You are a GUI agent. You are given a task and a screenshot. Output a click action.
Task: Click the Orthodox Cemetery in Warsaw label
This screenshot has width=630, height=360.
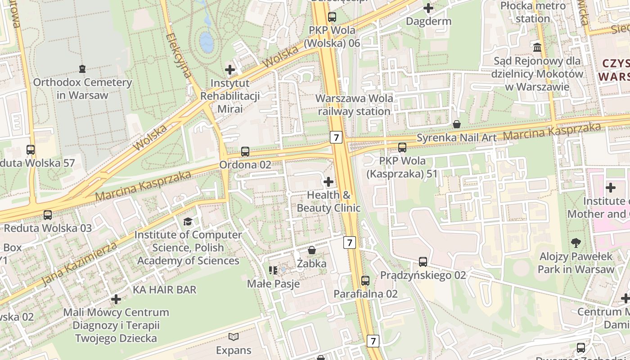82,89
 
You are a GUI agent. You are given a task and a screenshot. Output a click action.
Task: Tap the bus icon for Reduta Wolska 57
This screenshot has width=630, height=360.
31,150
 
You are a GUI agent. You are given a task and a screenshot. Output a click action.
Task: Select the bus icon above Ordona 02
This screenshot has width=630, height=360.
245,152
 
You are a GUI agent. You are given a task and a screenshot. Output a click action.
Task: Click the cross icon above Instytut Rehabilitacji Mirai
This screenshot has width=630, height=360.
230,70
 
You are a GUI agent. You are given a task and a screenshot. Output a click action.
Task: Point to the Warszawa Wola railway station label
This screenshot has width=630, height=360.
354,104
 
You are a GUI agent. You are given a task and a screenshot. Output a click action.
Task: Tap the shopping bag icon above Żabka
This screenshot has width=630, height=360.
311,250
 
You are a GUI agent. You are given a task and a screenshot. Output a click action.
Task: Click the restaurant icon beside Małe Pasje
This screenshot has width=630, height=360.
273,270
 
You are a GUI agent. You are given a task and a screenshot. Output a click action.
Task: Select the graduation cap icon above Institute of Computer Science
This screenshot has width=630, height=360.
188,221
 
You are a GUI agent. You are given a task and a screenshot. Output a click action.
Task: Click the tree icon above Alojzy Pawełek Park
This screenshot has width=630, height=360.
576,243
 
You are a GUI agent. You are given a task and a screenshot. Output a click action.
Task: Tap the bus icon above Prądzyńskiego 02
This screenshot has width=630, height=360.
423,261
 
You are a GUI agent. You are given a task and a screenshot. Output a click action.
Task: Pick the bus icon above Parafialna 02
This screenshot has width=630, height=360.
365,281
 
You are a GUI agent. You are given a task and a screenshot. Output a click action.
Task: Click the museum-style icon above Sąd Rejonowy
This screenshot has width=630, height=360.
537,47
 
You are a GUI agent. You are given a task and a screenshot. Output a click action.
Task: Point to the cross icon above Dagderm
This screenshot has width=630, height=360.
428,8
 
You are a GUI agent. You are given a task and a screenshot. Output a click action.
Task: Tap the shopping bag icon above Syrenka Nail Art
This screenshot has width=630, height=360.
457,124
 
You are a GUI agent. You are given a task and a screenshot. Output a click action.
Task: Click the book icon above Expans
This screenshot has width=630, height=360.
233,337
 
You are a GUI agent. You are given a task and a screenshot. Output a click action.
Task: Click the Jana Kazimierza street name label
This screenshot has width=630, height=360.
80,264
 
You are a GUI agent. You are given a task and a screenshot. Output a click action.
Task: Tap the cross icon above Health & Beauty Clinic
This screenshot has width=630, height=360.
328,182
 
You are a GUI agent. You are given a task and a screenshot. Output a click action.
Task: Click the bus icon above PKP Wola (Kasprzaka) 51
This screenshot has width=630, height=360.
402,147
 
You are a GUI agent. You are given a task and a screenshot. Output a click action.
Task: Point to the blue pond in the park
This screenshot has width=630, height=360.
206,41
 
